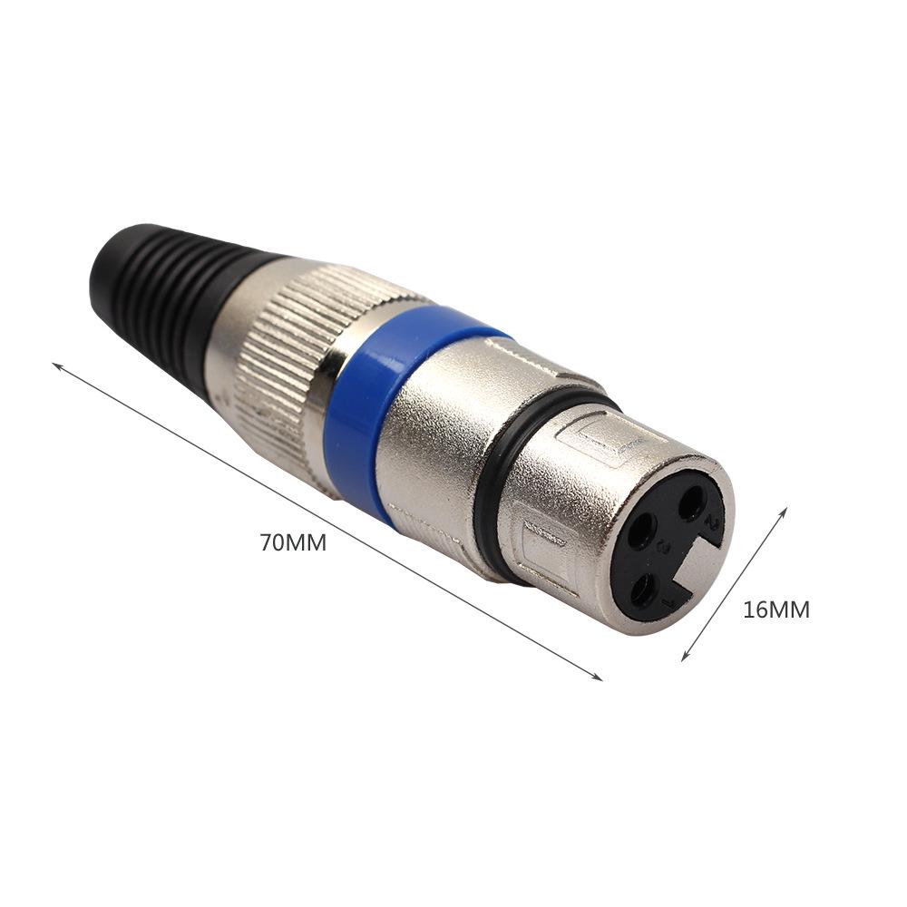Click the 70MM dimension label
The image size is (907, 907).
pyautogui.click(x=292, y=543)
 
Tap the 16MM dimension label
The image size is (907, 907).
pyautogui.click(x=775, y=610)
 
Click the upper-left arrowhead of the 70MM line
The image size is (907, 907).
pyautogui.click(x=54, y=366)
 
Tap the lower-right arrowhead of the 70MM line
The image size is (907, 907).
pyautogui.click(x=600, y=678)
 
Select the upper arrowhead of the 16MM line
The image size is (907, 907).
pyautogui.click(x=785, y=510)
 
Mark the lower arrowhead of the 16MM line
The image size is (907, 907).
pyautogui.click(x=684, y=658)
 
